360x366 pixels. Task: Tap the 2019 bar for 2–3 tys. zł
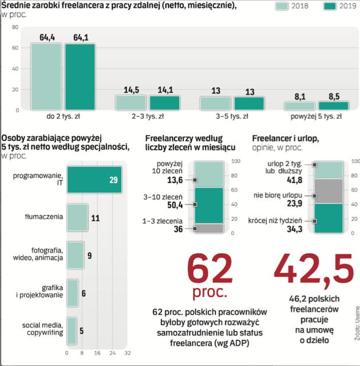pyautogui.click(x=164, y=103)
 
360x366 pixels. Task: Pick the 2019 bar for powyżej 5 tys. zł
pyautogui.click(x=333, y=106)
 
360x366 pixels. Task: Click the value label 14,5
pyautogui.click(x=131, y=90)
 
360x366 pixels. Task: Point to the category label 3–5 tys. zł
pyautogui.click(x=232, y=117)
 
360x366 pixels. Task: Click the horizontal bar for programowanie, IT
pyautogui.click(x=94, y=180)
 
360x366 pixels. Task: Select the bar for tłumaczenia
pyautogui.click(x=77, y=217)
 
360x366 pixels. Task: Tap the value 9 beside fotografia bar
pyautogui.click(x=89, y=256)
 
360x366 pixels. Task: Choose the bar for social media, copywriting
pyautogui.click(x=72, y=329)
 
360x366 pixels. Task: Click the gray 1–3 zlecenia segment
pyautogui.click(x=209, y=228)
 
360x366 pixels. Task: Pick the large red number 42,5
pyautogui.click(x=312, y=268)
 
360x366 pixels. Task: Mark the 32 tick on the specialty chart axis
pyautogui.click(x=128, y=352)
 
